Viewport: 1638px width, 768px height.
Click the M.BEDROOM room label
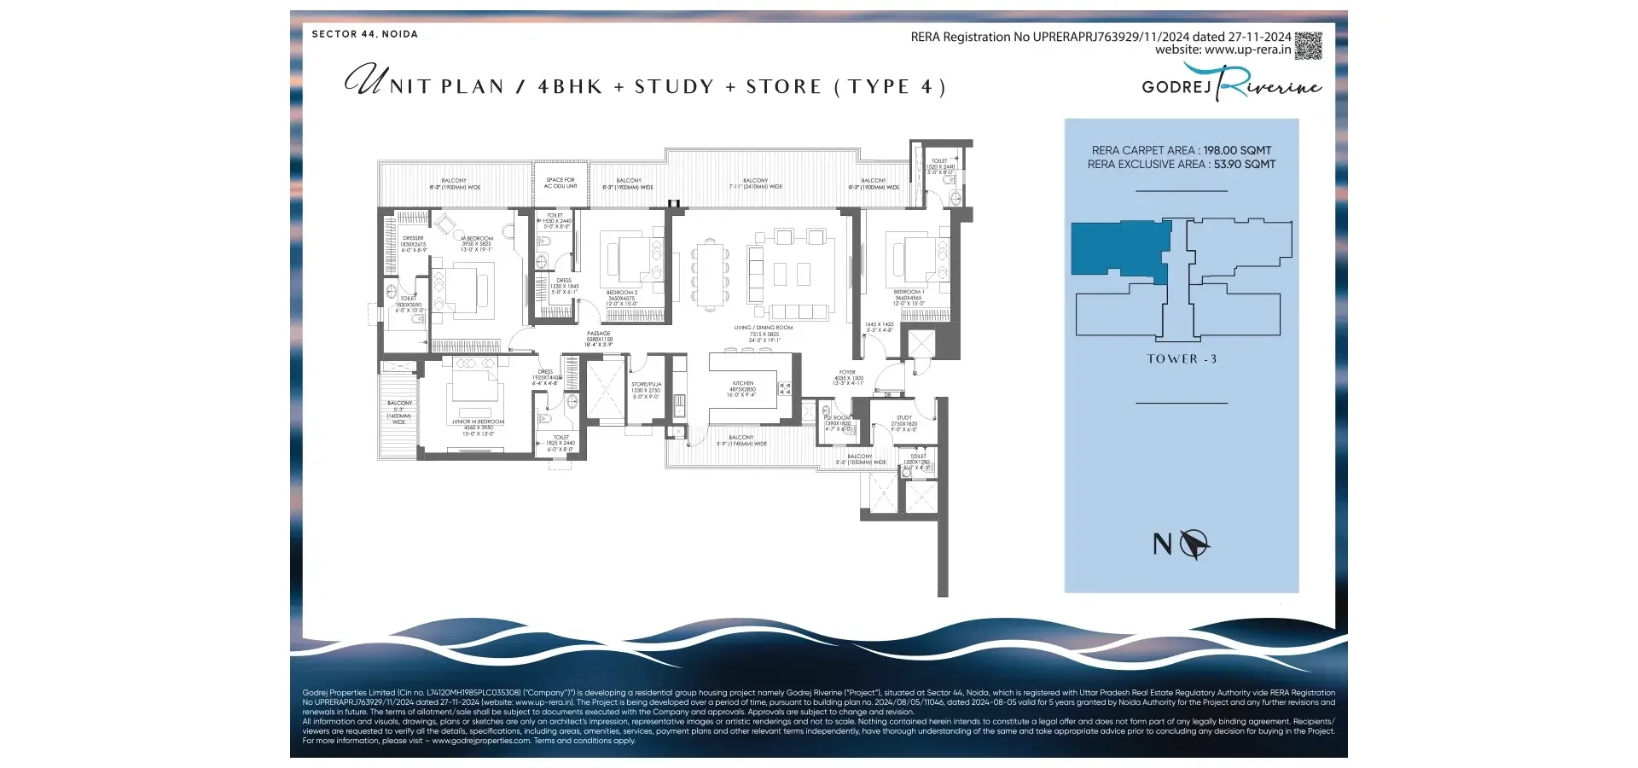click(x=478, y=239)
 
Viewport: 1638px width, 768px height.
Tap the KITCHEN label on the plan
click(x=742, y=384)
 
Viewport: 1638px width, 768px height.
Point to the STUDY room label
click(x=904, y=418)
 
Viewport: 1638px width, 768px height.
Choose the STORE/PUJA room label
click(x=646, y=385)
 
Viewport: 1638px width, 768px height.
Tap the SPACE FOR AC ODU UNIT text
click(x=561, y=183)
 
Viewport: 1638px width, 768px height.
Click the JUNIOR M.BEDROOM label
click(x=478, y=422)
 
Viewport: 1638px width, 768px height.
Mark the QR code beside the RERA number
click(x=1308, y=45)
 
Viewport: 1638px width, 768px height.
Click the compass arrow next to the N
click(x=1194, y=544)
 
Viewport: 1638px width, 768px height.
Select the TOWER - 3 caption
click(x=1182, y=359)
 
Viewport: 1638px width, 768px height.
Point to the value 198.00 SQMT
click(x=1237, y=150)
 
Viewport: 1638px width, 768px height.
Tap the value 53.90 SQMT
click(x=1245, y=165)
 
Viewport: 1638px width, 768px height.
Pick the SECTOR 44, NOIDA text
click(x=364, y=34)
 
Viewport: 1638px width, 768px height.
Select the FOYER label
click(x=847, y=373)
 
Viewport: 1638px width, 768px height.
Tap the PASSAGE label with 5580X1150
click(x=599, y=334)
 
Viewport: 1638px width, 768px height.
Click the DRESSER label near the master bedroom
click(x=413, y=239)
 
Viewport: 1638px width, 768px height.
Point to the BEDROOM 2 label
click(x=622, y=293)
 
